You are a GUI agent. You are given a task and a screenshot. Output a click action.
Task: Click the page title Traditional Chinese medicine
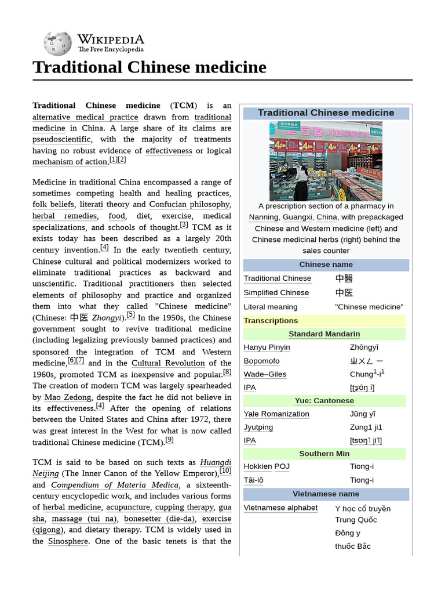coord(149,67)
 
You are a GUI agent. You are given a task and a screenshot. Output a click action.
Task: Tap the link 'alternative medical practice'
coord(85,117)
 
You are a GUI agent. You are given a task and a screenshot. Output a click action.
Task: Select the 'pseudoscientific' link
coord(61,139)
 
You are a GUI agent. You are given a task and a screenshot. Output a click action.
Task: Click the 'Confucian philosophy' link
coord(189,204)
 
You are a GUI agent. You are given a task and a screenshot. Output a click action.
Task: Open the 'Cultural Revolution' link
coord(168,363)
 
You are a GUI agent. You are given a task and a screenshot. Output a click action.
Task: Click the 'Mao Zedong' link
coord(68,397)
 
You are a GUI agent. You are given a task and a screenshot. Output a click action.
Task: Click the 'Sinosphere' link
coord(68,541)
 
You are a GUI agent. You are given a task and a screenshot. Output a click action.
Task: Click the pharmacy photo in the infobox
coord(326,161)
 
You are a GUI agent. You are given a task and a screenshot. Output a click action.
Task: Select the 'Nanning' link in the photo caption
coord(263,217)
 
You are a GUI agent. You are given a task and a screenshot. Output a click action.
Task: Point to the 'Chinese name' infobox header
coord(326,265)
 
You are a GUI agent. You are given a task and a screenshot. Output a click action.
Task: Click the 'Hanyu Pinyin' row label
coord(267,347)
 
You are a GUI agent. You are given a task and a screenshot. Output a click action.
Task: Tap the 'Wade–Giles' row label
coord(265,374)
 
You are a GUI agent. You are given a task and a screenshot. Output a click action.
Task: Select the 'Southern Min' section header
coord(324,454)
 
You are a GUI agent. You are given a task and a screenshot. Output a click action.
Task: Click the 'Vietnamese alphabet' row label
coord(280,508)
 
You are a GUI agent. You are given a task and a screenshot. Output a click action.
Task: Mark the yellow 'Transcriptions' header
coord(271,321)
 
